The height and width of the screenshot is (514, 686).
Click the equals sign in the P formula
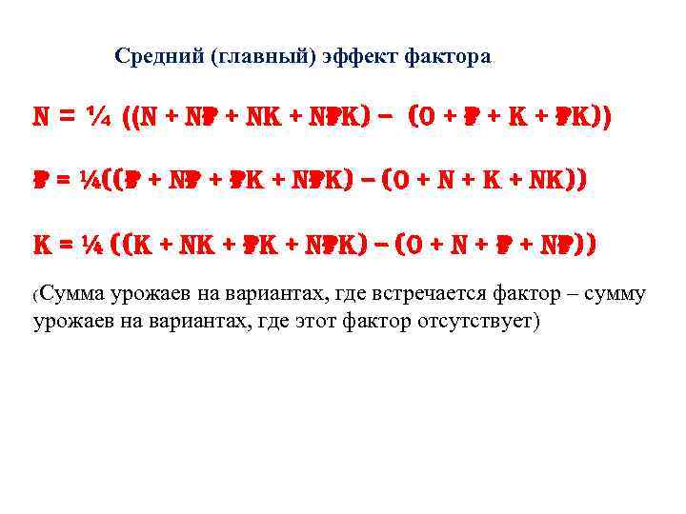65,182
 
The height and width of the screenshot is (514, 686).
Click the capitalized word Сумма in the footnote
73,293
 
